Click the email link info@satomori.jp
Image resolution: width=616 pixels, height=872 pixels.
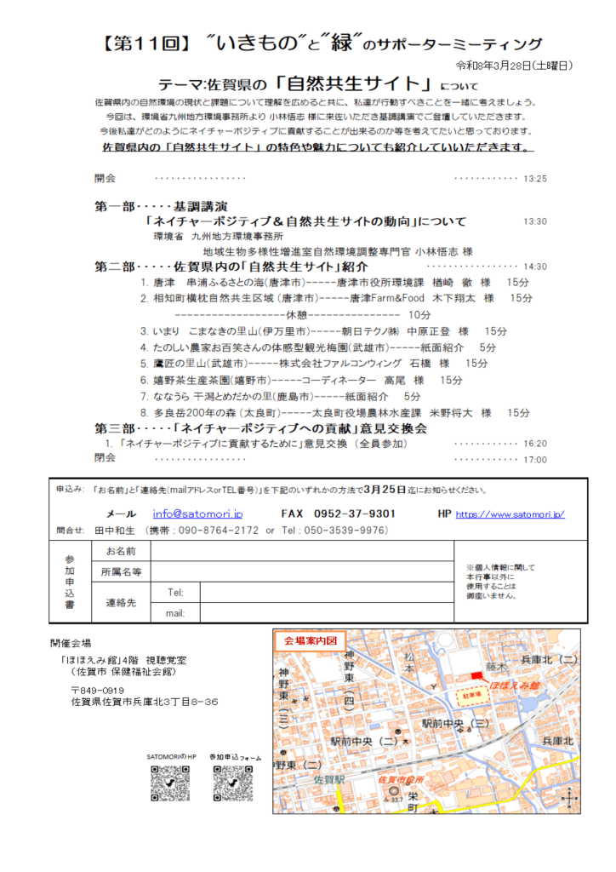click(x=197, y=513)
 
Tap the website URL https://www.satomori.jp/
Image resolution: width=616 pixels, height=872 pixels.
click(x=510, y=514)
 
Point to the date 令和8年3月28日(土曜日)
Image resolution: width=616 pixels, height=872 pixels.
click(x=514, y=66)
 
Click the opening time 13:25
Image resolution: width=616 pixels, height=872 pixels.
click(x=536, y=179)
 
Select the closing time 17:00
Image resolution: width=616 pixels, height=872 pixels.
click(x=536, y=460)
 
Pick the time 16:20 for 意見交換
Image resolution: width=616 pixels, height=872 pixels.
click(x=536, y=444)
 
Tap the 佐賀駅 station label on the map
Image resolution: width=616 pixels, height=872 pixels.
click(x=328, y=778)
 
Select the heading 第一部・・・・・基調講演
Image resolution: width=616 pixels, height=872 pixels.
click(x=162, y=206)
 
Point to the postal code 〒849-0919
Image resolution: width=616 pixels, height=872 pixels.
click(x=98, y=690)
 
